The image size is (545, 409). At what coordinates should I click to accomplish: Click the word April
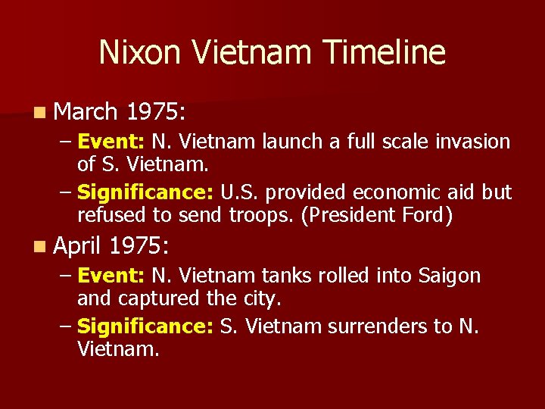(78, 245)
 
